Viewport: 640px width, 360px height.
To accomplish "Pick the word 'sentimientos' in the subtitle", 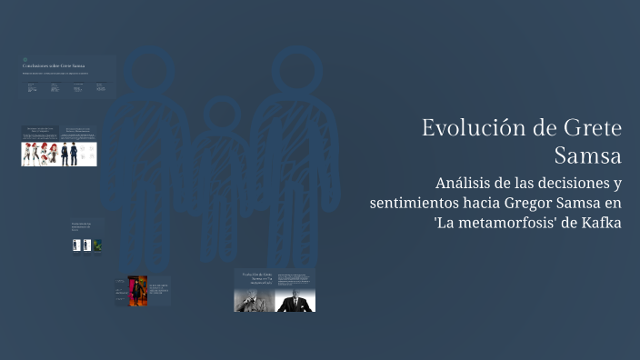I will click(x=414, y=203).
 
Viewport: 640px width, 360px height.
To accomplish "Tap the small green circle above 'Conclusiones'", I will click(x=25, y=60).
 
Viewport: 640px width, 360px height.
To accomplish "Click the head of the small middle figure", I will click(x=218, y=114).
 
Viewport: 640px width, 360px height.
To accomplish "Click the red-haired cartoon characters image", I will click(x=40, y=153).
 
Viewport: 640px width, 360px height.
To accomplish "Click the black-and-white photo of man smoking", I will click(x=255, y=300).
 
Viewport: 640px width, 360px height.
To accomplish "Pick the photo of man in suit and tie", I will click(x=295, y=300).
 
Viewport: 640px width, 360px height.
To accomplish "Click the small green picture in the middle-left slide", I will click(x=97, y=245).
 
